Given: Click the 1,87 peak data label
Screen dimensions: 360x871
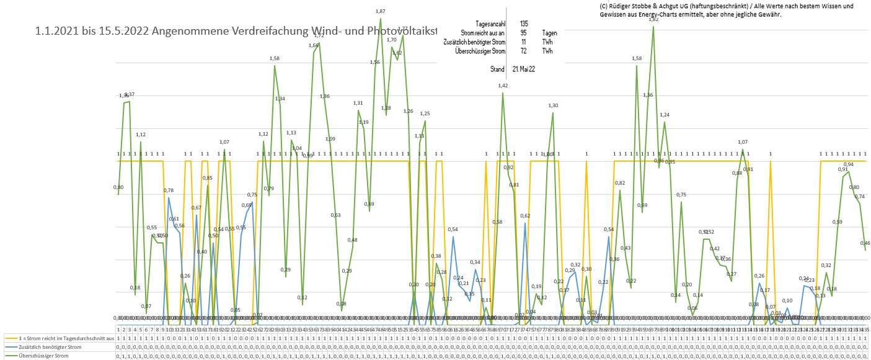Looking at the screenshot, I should pyautogui.click(x=381, y=11).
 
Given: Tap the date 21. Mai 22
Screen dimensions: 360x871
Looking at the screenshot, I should pyautogui.click(x=523, y=69).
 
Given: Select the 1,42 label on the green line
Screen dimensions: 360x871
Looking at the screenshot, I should pyautogui.click(x=503, y=86).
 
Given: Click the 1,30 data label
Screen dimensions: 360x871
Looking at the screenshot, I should pyautogui.click(x=553, y=105).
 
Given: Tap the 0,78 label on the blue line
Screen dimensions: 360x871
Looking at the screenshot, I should pyautogui.click(x=169, y=190).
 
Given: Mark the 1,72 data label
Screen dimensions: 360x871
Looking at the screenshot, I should pyautogui.click(x=319, y=35).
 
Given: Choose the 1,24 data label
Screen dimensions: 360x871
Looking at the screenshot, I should pyautogui.click(x=665, y=115).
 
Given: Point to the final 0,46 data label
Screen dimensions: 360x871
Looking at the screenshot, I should pyautogui.click(x=865, y=243).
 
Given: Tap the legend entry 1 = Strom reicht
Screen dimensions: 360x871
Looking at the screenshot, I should pyautogui.click(x=59, y=339).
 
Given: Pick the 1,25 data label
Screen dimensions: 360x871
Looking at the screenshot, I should pyautogui.click(x=425, y=113).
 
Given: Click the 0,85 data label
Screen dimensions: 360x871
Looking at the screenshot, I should pyautogui.click(x=208, y=178).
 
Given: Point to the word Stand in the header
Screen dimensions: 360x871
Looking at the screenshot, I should pyautogui.click(x=497, y=69).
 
